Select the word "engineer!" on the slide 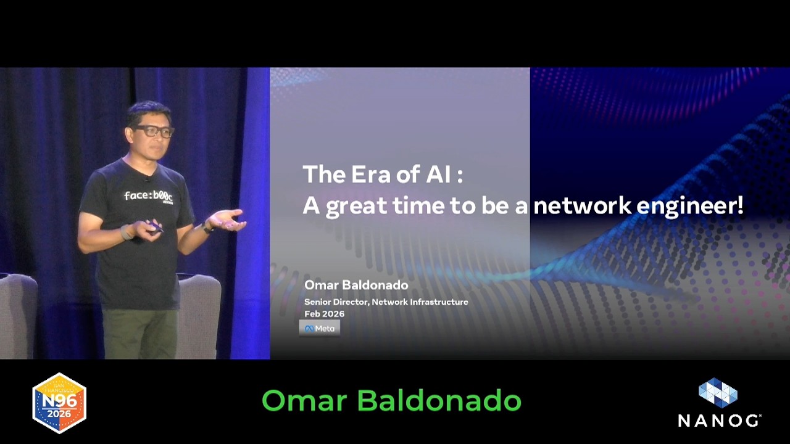[x=689, y=207]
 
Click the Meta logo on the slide [x=319, y=328]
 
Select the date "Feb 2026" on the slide [x=324, y=314]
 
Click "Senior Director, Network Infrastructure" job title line [x=386, y=302]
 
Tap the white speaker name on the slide [x=356, y=285]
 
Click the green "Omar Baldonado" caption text [x=391, y=401]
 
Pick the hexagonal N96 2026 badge [x=59, y=403]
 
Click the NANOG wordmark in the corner [x=718, y=421]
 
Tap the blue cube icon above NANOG [x=718, y=393]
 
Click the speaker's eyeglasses [x=154, y=131]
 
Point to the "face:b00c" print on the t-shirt [x=148, y=195]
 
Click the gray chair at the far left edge [x=17, y=314]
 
